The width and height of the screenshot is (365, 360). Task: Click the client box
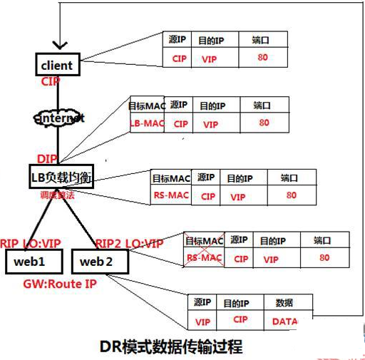point(57,66)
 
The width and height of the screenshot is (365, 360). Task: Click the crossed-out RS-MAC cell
point(205,259)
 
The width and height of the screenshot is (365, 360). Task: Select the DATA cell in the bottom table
point(285,322)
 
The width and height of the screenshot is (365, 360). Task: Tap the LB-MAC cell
point(147,123)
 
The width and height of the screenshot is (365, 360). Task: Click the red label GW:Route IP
point(59,283)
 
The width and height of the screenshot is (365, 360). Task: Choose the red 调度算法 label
point(58,195)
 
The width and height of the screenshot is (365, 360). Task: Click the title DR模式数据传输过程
point(171,347)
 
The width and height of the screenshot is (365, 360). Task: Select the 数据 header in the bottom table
point(283,303)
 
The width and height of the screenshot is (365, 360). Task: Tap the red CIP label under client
point(51,82)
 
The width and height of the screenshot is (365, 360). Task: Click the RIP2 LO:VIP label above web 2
point(129,242)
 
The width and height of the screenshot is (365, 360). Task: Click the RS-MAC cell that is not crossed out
point(170,194)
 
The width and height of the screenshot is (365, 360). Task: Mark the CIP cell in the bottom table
point(240,321)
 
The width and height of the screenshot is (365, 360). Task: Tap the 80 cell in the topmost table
point(263,58)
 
